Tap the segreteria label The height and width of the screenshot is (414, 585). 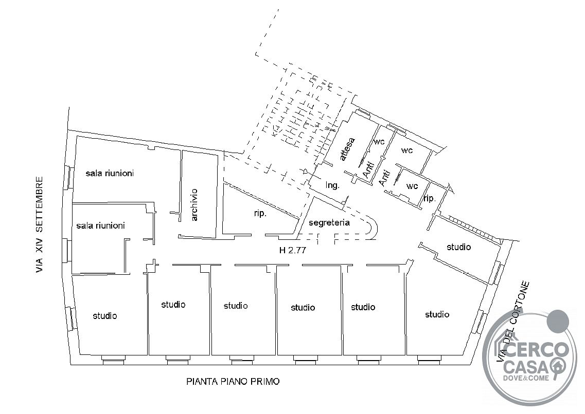click(329, 222)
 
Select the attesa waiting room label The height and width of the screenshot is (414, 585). click(347, 149)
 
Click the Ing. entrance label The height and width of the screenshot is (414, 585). click(332, 185)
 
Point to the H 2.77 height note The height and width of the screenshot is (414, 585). click(293, 250)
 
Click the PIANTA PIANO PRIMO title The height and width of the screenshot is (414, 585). click(233, 382)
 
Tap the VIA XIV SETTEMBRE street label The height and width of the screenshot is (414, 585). click(40, 225)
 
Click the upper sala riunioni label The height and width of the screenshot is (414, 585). click(110, 173)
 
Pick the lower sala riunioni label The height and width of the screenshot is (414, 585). click(100, 225)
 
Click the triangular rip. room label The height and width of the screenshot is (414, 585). click(260, 214)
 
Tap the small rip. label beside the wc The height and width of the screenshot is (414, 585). click(430, 198)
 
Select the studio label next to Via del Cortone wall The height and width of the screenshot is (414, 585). click(458, 247)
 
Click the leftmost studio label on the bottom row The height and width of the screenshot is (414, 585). click(105, 316)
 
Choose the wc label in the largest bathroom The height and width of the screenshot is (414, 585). click(407, 150)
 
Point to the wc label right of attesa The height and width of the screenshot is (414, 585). click(379, 141)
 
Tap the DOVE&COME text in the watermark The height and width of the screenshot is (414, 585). click(526, 378)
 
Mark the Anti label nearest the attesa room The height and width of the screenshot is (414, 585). click(368, 170)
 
